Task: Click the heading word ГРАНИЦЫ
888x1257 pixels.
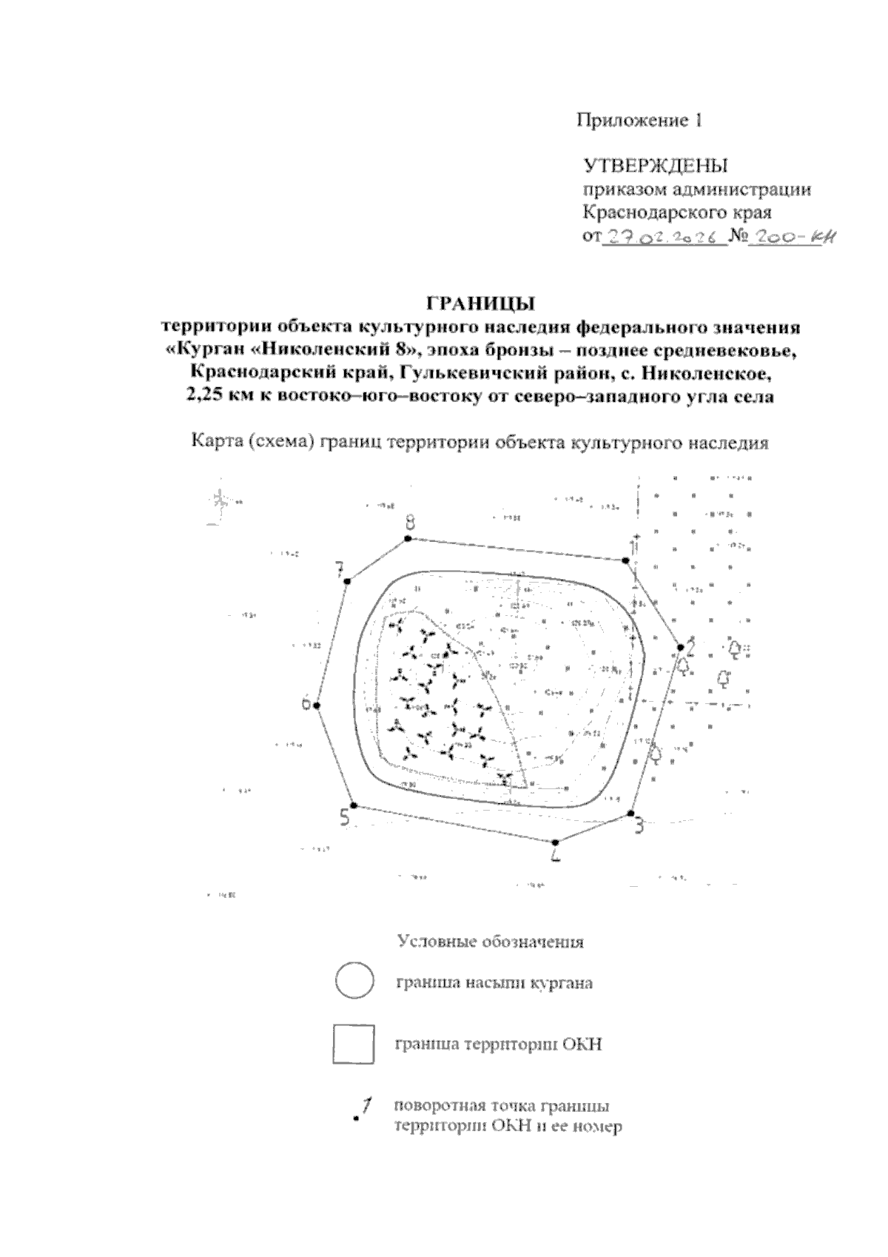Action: pos(480,304)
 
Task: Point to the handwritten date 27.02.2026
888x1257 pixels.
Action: pos(664,238)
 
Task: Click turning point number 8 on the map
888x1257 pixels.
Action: pos(407,539)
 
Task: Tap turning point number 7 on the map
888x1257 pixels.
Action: pos(346,581)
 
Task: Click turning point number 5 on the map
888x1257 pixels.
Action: pos(353,805)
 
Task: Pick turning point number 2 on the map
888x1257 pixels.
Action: pos(681,648)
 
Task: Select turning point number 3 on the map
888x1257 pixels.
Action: pos(631,814)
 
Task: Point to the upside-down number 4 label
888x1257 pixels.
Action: pos(556,854)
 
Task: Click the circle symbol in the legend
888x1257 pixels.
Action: pos(354,982)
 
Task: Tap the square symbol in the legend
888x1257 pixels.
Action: pos(354,1045)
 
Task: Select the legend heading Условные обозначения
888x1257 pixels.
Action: pos(491,942)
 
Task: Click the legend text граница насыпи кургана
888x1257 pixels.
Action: pos(494,984)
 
